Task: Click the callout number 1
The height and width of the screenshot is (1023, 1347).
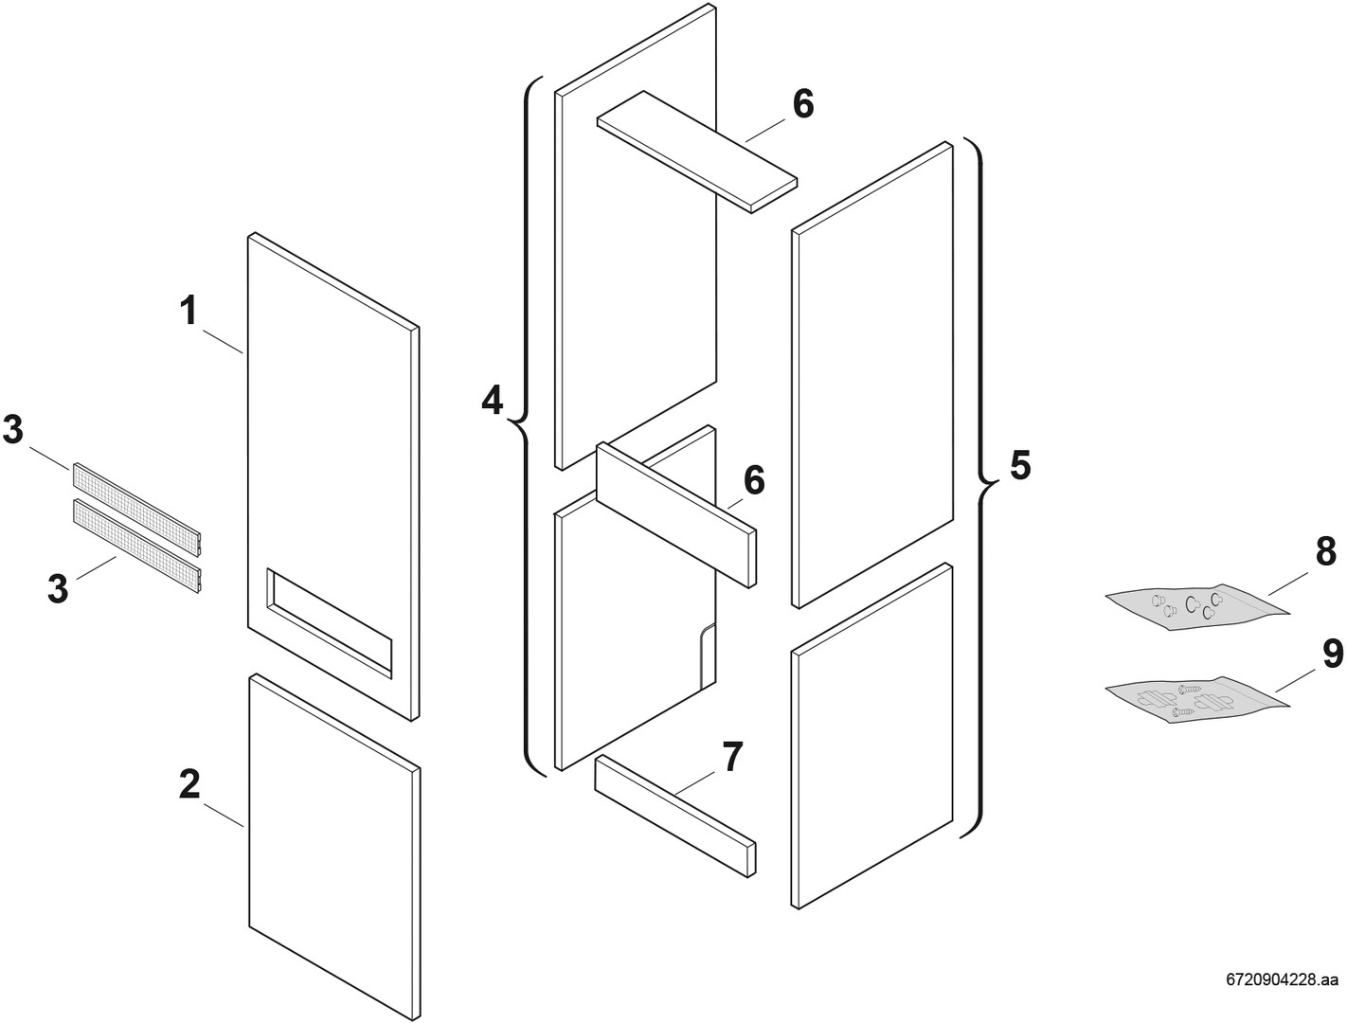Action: (x=189, y=311)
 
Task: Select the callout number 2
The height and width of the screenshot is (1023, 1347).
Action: (x=189, y=783)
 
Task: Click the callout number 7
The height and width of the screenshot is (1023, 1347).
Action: (x=732, y=757)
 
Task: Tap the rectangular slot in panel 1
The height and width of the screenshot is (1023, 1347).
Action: (x=329, y=623)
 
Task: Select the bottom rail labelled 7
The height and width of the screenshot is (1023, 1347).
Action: (x=675, y=815)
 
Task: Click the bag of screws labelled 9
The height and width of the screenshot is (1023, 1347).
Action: (x=1196, y=700)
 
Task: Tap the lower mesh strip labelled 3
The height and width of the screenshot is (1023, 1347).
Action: (x=137, y=547)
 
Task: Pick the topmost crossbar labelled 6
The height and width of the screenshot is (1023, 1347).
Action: (x=697, y=152)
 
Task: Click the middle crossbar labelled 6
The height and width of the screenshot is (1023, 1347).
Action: (x=676, y=514)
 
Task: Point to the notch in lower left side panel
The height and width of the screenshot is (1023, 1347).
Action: (x=708, y=655)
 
